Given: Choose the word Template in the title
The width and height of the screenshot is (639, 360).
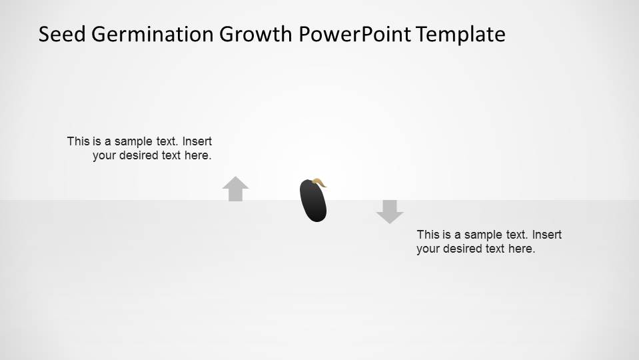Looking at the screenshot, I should [x=461, y=34].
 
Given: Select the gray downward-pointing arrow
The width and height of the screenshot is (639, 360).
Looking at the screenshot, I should [x=390, y=211].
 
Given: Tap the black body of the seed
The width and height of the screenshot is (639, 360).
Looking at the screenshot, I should [x=314, y=203].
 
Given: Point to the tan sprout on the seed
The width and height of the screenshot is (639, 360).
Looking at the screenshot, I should [x=319, y=181].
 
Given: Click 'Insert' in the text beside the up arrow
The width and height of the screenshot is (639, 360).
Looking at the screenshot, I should [x=197, y=141].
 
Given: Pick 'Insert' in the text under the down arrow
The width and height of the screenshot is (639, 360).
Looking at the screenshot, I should [x=547, y=235].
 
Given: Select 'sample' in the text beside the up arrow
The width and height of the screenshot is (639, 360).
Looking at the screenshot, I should [x=132, y=141].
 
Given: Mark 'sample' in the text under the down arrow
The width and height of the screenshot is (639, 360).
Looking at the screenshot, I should [x=482, y=235].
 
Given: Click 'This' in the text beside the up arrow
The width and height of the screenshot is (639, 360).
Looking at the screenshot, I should [x=78, y=141].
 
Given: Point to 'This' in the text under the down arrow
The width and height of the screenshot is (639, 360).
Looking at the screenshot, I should [x=428, y=235].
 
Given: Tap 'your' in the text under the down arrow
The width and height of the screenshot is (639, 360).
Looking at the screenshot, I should [x=428, y=249].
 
